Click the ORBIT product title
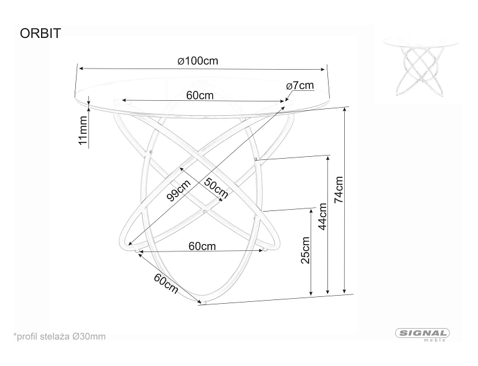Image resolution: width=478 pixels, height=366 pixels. point(40,34)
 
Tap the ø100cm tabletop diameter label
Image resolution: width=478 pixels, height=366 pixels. point(198,61)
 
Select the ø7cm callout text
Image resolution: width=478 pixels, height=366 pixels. point(300,86)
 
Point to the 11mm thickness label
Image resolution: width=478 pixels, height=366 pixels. point(83,130)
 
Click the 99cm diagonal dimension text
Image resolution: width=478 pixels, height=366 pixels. point(179,190)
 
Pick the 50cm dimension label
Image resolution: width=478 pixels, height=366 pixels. point(216,188)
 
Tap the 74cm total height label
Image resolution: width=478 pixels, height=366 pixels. point(339,190)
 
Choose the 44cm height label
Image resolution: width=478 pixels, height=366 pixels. point(322,217)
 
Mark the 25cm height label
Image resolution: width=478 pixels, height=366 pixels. point(305,250)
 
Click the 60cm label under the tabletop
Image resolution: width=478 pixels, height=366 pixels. point(200,95)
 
